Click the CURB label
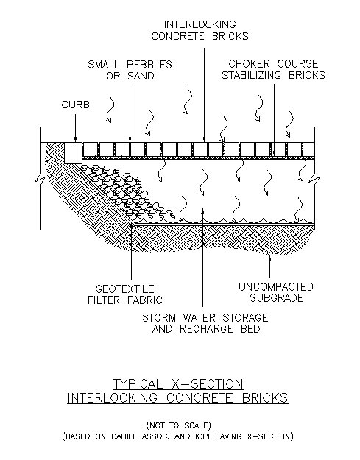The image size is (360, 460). coord(75,105)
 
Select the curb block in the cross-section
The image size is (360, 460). coord(73,153)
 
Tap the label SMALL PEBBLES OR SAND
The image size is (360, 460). coord(130,70)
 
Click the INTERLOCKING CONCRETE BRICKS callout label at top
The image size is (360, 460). coord(200,30)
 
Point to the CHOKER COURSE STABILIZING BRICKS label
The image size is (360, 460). coord(273,69)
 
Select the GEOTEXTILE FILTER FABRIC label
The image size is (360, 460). coord(125,294)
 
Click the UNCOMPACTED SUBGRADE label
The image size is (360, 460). coord(276,292)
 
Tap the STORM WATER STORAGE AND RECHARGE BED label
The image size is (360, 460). coord(205,323)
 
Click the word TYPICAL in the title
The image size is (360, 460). coord(138,383)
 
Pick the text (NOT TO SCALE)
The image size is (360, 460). coord(179,425)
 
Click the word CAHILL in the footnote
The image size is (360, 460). coord(124,436)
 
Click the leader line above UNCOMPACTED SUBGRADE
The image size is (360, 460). coord(269,266)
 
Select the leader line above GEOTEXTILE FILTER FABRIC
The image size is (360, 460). coord(131,252)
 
